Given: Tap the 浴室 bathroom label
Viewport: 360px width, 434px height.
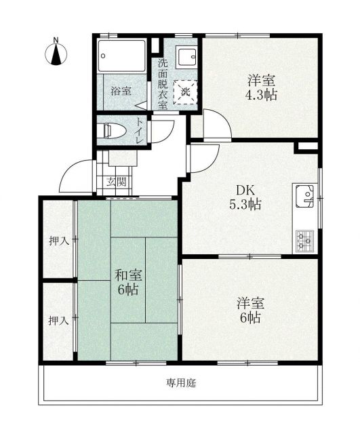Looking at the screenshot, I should [x=121, y=90].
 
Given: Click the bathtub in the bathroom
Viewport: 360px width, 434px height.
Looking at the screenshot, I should [x=121, y=56].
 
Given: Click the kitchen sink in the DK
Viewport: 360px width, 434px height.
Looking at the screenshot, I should [x=306, y=196].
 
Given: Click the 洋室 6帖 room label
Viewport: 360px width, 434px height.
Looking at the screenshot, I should [x=249, y=309].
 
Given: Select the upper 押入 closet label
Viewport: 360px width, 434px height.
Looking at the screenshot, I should [x=58, y=240].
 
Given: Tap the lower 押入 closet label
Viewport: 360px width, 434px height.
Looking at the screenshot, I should [x=58, y=320].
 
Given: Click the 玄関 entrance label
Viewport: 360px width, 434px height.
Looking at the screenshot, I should [x=116, y=182].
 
